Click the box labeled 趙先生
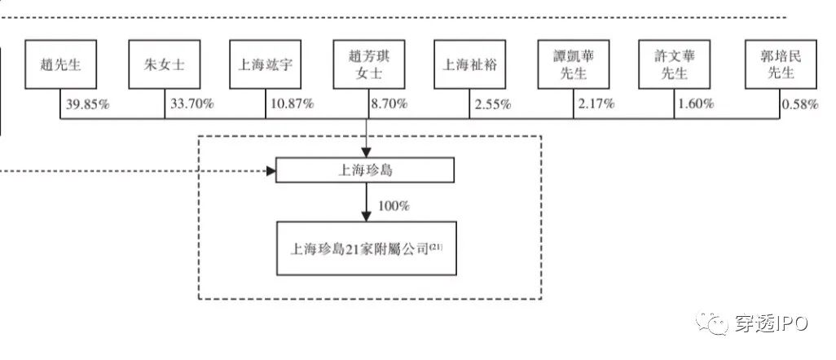coord(60,65)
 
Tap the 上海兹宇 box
coord(266,65)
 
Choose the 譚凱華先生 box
coord(571,65)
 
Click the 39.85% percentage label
coord(88,104)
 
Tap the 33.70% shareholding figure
coord(191,104)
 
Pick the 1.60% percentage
coord(694,104)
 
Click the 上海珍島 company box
coord(365,171)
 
